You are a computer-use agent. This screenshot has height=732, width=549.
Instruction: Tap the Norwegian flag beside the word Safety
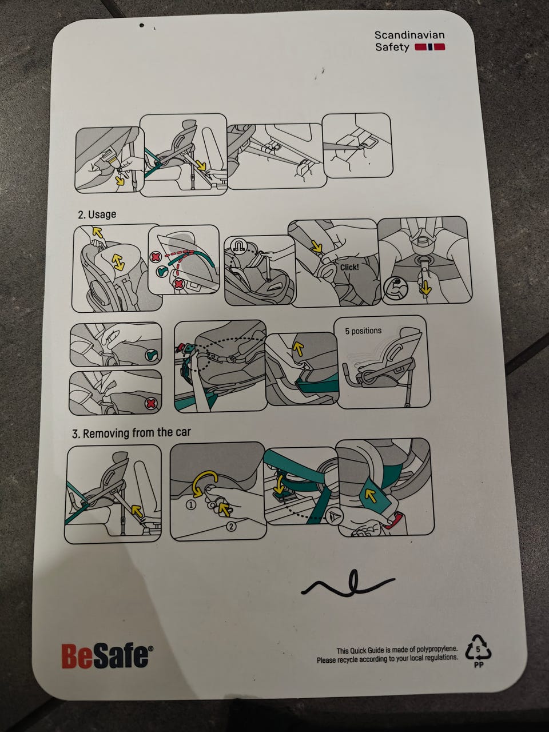[x=429, y=47]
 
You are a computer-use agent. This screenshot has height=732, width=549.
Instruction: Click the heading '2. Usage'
[x=97, y=214]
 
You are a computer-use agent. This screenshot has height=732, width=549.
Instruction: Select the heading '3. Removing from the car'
[x=132, y=433]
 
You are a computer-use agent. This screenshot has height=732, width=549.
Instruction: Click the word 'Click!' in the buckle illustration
[x=349, y=267]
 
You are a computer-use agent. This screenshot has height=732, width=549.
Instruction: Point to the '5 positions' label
[x=363, y=331]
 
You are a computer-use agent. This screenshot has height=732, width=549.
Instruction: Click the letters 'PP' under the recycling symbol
[x=478, y=665]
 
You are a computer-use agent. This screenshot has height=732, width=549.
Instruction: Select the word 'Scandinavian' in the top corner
[x=409, y=35]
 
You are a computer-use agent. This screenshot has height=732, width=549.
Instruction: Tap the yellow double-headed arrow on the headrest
[x=118, y=262]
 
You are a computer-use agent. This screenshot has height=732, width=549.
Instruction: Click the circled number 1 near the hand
[x=191, y=505]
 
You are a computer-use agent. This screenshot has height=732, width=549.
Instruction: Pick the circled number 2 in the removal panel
[x=231, y=526]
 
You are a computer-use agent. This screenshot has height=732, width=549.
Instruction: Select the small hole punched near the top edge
[x=141, y=25]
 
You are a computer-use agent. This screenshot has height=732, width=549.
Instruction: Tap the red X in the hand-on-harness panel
[x=151, y=404]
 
